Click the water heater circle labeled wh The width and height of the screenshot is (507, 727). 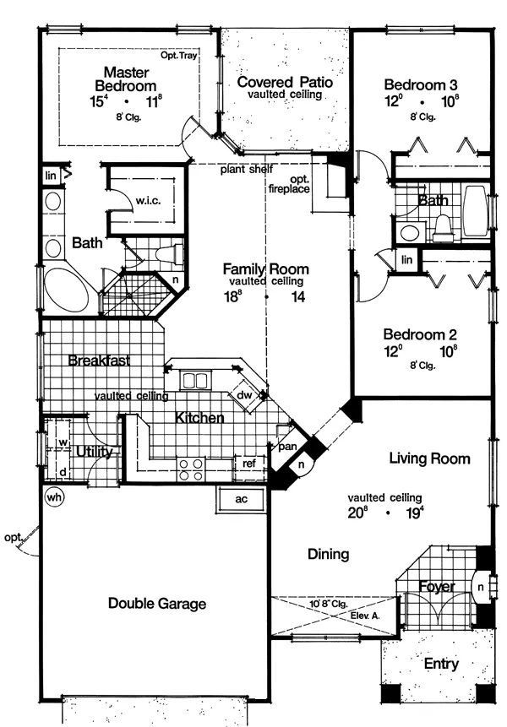[54, 497]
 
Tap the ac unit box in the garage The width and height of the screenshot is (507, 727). [241, 499]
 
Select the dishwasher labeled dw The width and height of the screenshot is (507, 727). [247, 395]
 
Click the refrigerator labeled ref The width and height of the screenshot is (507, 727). [249, 464]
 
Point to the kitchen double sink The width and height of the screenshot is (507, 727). [195, 381]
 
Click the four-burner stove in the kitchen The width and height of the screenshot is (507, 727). [191, 469]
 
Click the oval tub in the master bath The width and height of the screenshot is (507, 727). [68, 290]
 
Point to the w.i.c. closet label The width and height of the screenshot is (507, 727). [149, 201]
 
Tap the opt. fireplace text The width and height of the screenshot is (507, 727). [290, 184]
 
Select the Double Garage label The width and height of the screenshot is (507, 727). [157, 603]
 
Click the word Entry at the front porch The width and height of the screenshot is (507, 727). [441, 664]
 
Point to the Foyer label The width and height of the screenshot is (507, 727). [437, 587]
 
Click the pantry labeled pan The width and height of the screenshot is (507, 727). [287, 447]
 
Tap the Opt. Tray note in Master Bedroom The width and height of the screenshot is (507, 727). [179, 55]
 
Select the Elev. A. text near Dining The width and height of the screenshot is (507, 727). [365, 616]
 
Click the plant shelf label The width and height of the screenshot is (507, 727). [246, 169]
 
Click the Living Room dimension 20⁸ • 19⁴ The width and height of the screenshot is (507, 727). [386, 513]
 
